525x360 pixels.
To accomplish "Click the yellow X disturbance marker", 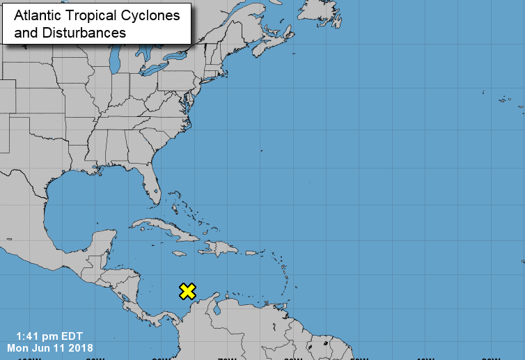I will [x=187, y=291].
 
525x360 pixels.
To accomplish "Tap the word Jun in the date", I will [x=46, y=347].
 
